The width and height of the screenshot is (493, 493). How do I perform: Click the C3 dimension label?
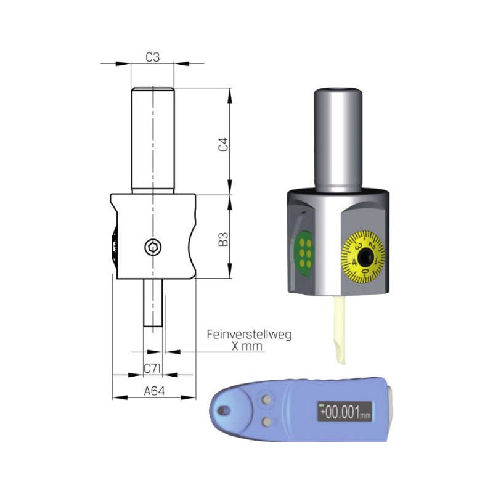[153, 57]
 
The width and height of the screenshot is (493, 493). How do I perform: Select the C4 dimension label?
[223, 144]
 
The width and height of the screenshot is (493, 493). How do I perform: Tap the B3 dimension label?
[223, 239]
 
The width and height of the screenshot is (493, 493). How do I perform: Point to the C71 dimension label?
[152, 368]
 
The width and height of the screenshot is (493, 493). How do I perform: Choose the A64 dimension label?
[154, 391]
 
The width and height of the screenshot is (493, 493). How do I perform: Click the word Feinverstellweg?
[249, 334]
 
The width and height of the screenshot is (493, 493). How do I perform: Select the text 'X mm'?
[247, 346]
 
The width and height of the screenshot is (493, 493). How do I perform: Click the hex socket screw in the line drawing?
[153, 248]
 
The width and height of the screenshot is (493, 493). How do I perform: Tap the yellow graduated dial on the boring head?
[363, 256]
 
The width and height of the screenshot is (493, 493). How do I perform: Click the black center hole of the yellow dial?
[365, 256]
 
